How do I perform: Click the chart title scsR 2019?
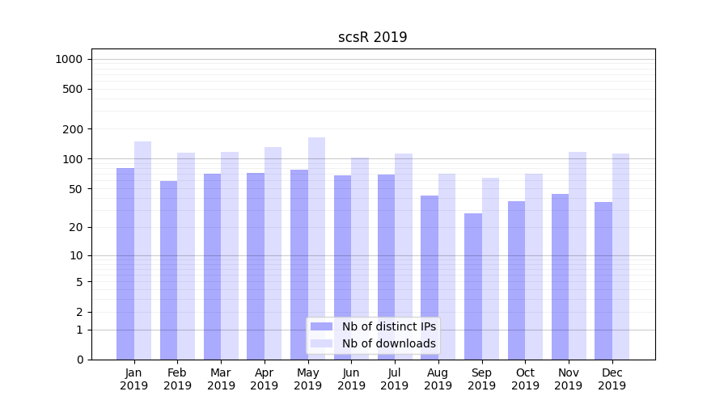pos(372,38)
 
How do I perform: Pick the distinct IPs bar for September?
pos(473,286)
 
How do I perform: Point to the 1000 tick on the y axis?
pos(69,59)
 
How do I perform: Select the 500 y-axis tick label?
pos(73,89)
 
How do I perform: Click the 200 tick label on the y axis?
pos(73,129)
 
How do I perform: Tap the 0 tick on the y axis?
pos(79,360)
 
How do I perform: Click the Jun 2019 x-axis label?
pos(351,379)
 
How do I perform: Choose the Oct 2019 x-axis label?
pos(525,379)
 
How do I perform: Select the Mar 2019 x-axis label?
pos(221,379)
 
